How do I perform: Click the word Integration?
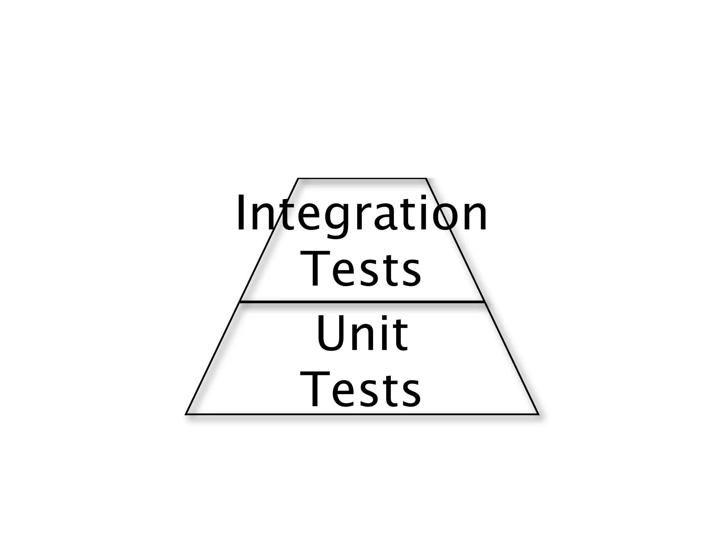tap(362, 214)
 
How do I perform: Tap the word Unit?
tap(362, 334)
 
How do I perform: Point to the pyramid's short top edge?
tap(362, 178)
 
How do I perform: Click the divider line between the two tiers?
tap(362, 302)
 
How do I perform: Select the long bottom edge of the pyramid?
tap(362, 414)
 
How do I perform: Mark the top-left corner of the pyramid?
tap(298, 179)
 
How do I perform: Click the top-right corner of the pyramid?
tap(426, 179)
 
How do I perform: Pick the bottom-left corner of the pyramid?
tap(186, 414)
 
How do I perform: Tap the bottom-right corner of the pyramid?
tap(538, 414)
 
